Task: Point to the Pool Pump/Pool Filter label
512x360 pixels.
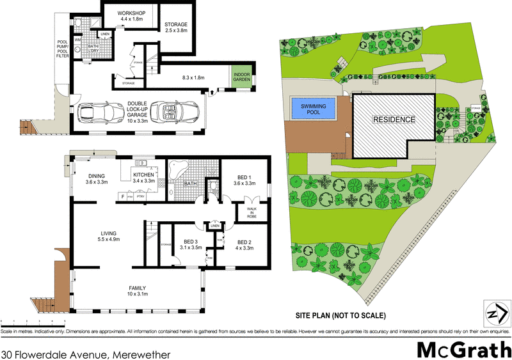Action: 62,47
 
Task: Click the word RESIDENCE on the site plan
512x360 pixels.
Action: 394,120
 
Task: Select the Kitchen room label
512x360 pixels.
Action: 144,177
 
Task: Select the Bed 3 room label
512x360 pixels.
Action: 191,244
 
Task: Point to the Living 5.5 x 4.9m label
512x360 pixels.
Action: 108,236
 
